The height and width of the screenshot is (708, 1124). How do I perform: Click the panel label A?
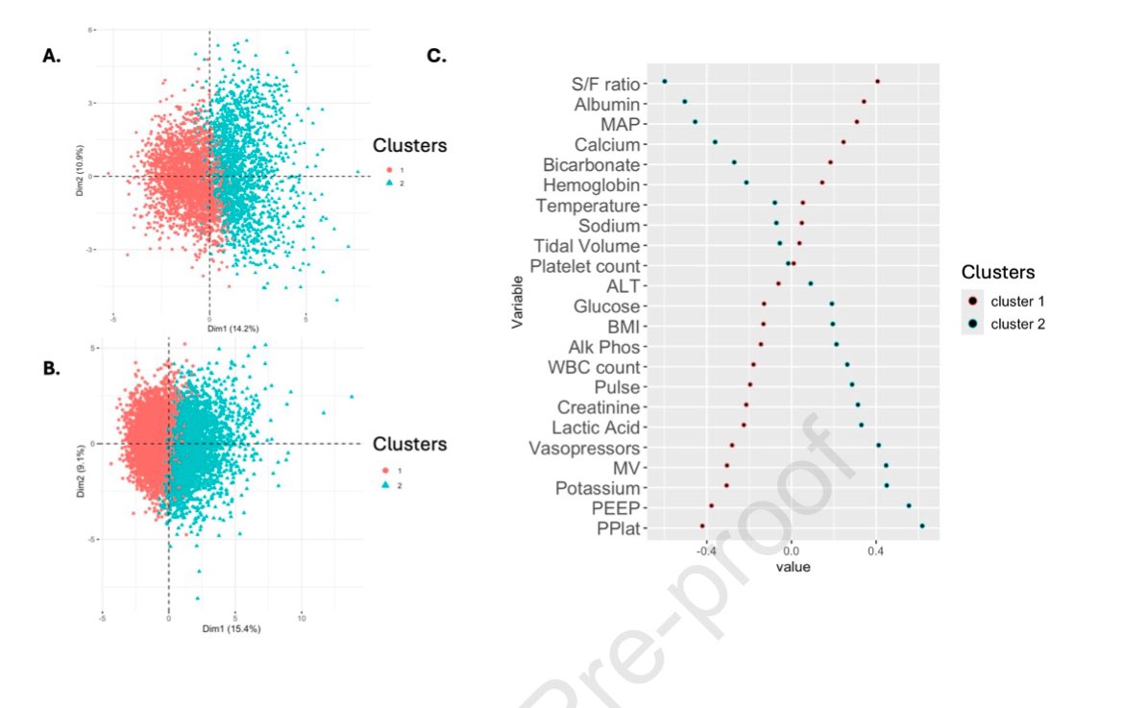tap(52, 57)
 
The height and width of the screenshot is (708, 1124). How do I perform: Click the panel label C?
tap(436, 57)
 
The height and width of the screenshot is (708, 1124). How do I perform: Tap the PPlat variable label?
tap(618, 528)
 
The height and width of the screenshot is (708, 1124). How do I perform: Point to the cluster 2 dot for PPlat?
tap(922, 525)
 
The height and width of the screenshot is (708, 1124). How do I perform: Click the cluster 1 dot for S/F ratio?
tap(877, 82)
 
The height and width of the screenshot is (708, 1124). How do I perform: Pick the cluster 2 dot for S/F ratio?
tap(664, 82)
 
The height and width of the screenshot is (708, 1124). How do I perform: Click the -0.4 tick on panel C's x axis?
tap(706, 552)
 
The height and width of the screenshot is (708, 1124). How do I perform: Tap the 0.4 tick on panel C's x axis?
tap(875, 552)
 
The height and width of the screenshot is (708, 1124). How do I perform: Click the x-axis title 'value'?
tap(794, 568)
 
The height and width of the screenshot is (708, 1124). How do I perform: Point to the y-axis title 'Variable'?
tap(518, 305)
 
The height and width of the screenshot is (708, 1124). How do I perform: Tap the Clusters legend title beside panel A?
tap(409, 146)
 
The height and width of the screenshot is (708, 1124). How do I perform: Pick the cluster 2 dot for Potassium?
tap(887, 485)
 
